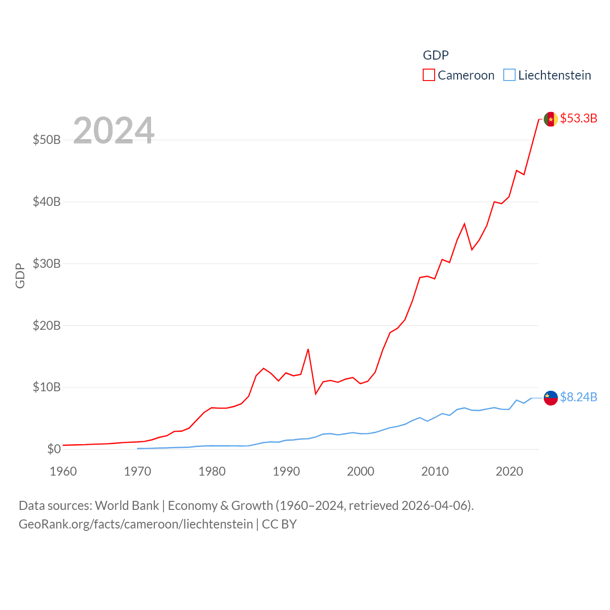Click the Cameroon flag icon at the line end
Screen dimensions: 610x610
pyautogui.click(x=550, y=119)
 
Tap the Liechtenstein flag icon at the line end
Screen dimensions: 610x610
pyautogui.click(x=550, y=398)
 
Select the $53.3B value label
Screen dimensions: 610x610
pyautogui.click(x=579, y=118)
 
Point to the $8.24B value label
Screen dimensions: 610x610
pyautogui.click(x=579, y=397)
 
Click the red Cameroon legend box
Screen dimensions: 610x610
pyautogui.click(x=429, y=75)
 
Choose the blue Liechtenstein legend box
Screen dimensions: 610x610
pyautogui.click(x=509, y=75)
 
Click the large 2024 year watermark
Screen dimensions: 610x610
pyautogui.click(x=114, y=130)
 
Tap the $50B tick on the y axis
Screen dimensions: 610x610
pyautogui.click(x=47, y=140)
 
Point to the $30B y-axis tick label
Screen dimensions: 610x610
pyautogui.click(x=47, y=264)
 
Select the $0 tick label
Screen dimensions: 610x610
pyautogui.click(x=54, y=449)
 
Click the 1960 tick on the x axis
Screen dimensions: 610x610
pyautogui.click(x=63, y=471)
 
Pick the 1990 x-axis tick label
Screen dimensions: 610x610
pyautogui.click(x=286, y=471)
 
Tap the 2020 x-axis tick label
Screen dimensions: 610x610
pyautogui.click(x=509, y=471)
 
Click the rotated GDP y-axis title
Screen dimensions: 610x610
pyautogui.click(x=20, y=275)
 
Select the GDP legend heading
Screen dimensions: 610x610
pyautogui.click(x=436, y=55)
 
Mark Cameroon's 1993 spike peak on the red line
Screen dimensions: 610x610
pyautogui.click(x=308, y=349)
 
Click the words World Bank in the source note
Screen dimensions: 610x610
pyautogui.click(x=127, y=505)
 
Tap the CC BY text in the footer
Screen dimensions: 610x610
pyautogui.click(x=279, y=524)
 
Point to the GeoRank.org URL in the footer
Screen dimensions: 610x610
pyautogui.click(x=136, y=524)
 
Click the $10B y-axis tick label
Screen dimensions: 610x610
pyautogui.click(x=47, y=387)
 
